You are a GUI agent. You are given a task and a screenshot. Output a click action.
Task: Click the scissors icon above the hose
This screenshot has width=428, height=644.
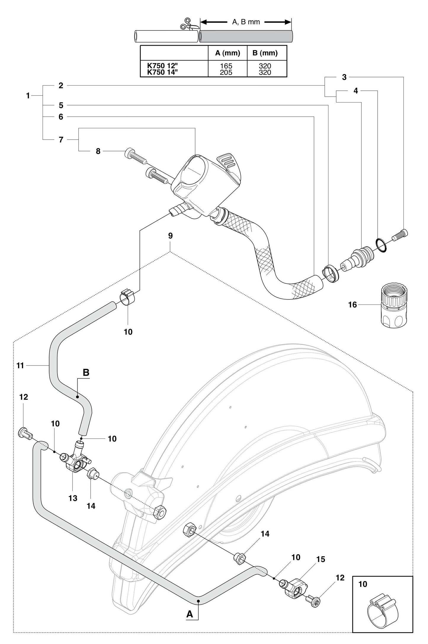pyautogui.click(x=186, y=24)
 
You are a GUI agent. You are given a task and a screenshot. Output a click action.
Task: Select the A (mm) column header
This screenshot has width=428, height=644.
pyautogui.click(x=227, y=53)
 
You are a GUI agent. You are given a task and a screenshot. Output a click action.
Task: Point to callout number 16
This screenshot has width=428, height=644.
pyautogui.click(x=352, y=305)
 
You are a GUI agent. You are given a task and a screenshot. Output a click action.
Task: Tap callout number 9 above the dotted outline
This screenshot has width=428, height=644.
pyautogui.click(x=170, y=236)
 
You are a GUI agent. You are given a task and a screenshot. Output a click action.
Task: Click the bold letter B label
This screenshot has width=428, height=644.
pyautogui.click(x=86, y=372)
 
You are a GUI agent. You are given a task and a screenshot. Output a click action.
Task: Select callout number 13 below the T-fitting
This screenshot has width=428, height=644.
pyautogui.click(x=73, y=498)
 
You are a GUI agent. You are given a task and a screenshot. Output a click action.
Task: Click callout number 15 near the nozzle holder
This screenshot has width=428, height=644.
pyautogui.click(x=320, y=559)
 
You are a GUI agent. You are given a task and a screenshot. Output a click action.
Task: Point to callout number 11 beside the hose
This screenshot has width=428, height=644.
pyautogui.click(x=20, y=366)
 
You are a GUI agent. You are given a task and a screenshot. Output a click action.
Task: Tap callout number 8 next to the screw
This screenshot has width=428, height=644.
pyautogui.click(x=98, y=151)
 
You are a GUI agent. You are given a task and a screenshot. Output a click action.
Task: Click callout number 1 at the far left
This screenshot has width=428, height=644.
pyautogui.click(x=28, y=96)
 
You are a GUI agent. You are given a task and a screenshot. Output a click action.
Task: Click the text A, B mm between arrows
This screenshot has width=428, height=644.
pyautogui.click(x=246, y=22)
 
